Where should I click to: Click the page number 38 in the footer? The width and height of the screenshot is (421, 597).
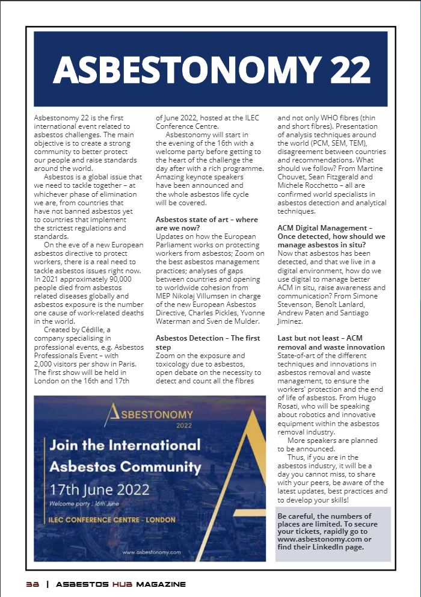pos(32,584)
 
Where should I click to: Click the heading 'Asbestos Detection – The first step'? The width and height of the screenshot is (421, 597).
pos(207,342)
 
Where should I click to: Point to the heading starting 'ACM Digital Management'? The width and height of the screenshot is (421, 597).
pos(331,232)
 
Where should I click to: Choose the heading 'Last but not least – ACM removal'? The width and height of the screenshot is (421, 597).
pos(331,343)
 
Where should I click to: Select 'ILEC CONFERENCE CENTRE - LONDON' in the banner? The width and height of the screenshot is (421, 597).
pos(112,519)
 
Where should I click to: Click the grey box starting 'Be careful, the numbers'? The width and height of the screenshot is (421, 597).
pos(333,533)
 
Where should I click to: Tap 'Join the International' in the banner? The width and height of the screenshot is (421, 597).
pos(124,446)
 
